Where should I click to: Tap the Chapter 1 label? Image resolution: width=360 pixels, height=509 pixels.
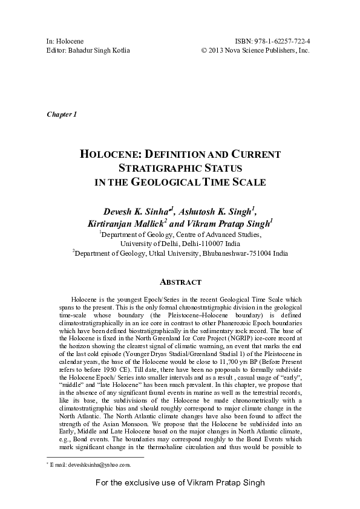[62, 114]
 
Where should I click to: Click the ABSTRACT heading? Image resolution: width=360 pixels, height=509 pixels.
[180, 282]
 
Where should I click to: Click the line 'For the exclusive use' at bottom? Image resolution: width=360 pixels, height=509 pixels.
[180, 483]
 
